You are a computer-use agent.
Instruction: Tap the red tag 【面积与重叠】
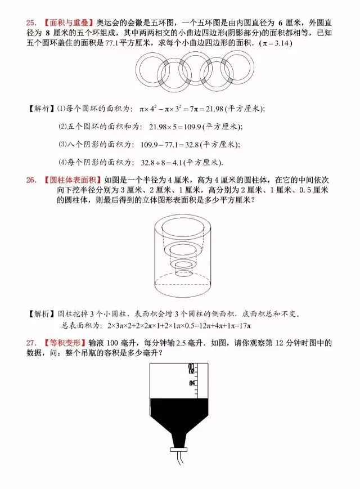tap(67, 23)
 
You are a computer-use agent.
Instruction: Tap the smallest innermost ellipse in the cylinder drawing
tap(183, 263)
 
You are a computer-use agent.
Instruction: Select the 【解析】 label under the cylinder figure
tap(40, 313)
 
